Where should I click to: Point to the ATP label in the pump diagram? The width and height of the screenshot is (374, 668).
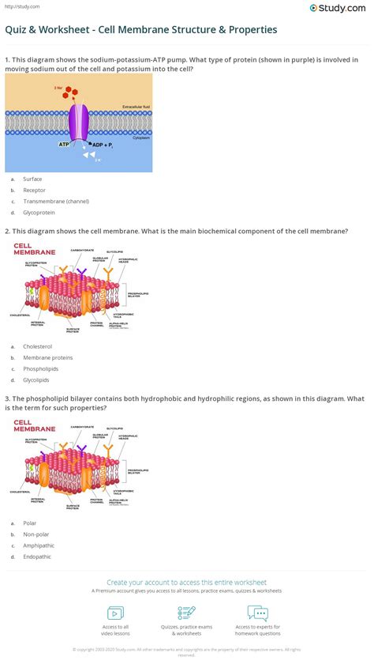(63, 145)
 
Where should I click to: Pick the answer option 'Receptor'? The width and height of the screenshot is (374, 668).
(35, 191)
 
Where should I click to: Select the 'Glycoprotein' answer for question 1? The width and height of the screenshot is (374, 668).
(39, 213)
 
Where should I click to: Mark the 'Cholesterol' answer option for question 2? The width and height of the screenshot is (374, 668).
(38, 346)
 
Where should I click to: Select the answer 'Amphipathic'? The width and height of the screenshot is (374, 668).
(39, 545)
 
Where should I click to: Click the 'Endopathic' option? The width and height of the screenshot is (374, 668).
(38, 557)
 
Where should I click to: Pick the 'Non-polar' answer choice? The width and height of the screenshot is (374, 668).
(36, 534)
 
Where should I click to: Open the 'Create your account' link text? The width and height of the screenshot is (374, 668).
(186, 582)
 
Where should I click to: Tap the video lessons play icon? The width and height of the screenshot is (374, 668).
(115, 613)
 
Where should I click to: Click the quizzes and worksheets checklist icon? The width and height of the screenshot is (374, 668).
(187, 613)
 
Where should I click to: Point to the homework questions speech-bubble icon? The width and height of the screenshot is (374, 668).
(258, 613)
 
